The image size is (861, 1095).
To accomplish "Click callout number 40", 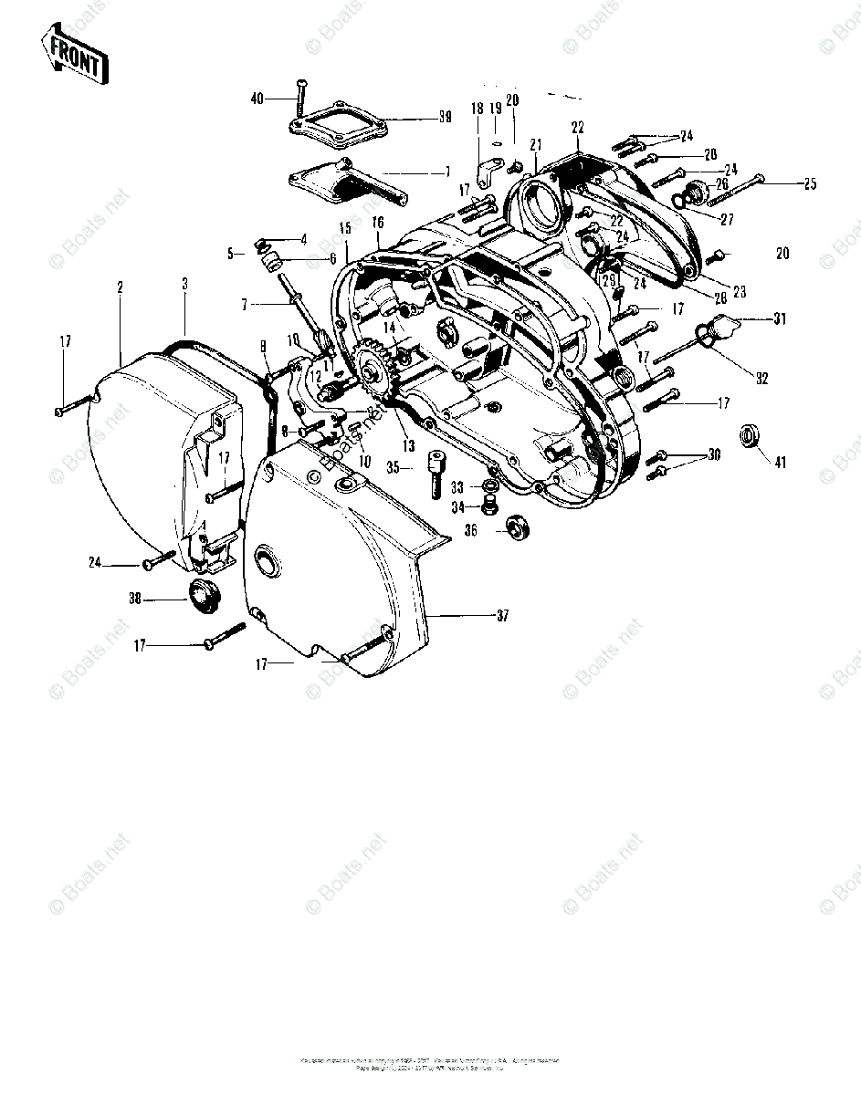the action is click(x=257, y=98).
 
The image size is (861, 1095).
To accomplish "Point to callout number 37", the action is click(x=501, y=616).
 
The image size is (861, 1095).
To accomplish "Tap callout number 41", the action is click(x=780, y=462).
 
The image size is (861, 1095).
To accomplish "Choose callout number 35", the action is click(x=394, y=469).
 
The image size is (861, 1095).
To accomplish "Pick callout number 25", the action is click(x=809, y=185).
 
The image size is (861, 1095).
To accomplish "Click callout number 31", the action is click(x=779, y=318).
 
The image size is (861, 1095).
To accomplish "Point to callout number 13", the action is click(x=407, y=445).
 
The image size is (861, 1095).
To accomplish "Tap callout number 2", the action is click(x=120, y=287).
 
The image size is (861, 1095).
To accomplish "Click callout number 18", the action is click(x=476, y=109).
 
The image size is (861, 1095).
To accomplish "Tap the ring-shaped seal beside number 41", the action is click(x=751, y=435).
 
